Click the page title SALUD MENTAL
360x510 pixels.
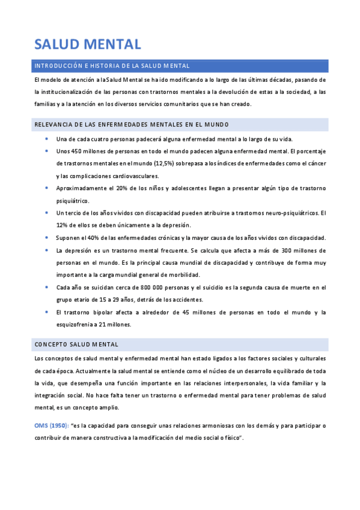pos(88,43)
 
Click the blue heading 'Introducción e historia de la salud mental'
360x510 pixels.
pos(112,66)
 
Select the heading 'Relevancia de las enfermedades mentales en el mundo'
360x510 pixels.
pos(131,124)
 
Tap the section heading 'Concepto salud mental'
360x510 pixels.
pos(76,344)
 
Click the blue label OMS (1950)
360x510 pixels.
pos(51,426)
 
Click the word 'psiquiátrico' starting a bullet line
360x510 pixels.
pos(72,200)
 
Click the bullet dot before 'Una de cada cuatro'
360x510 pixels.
pos(47,139)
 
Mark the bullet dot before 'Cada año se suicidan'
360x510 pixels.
pos(47,287)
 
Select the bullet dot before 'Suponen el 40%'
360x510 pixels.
pos(47,238)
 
